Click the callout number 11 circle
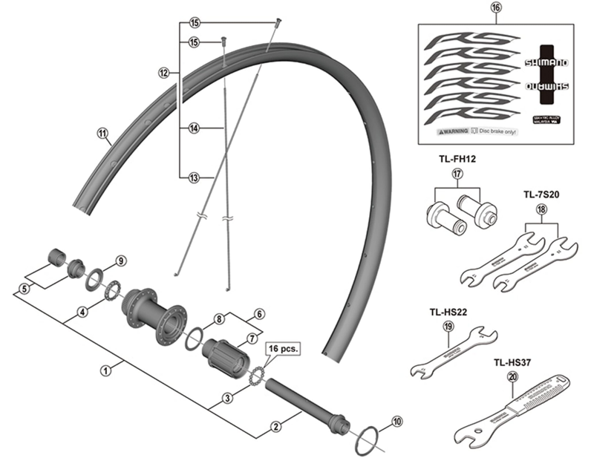[x=102, y=134]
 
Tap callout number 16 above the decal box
[x=496, y=9]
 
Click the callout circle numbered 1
[x=105, y=367]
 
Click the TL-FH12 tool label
[x=457, y=158]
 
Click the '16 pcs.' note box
[x=280, y=347]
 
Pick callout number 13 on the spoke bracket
[x=195, y=177]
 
